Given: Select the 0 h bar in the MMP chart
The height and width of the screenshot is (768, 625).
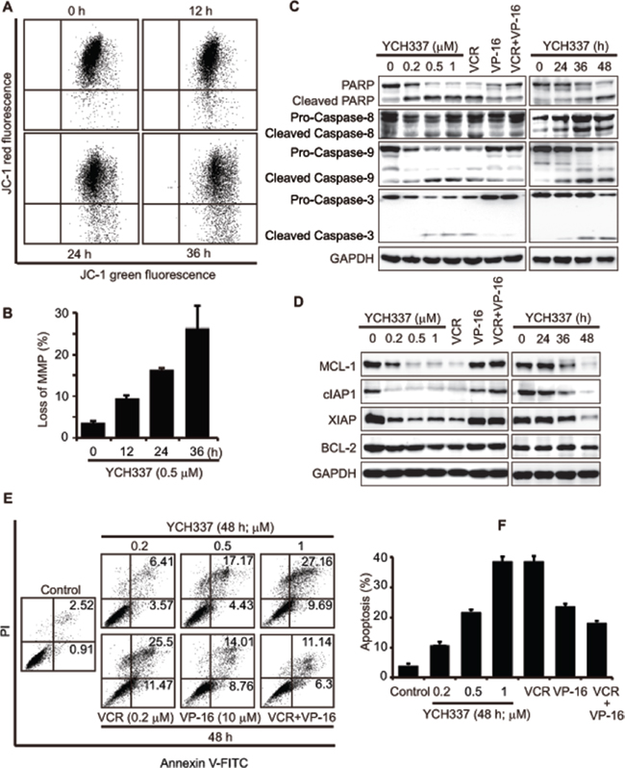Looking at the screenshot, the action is point(93,430).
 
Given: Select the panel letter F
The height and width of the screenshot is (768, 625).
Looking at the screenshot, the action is point(501,525).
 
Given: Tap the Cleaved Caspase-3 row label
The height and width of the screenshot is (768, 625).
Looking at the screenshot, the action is point(320,236).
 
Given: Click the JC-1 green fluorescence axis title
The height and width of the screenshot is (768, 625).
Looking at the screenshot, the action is point(148,275).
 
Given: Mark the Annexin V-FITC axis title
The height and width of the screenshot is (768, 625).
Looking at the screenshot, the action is point(205,761).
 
